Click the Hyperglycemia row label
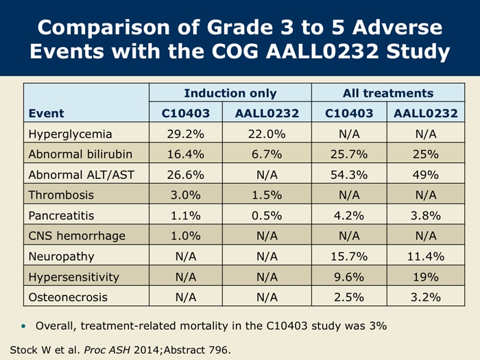coord(69,133)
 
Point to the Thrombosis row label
coord(60,195)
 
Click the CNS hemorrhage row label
coord(76,236)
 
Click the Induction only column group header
coord(230,93)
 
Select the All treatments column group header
coord(387,93)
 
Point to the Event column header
coord(46,113)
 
